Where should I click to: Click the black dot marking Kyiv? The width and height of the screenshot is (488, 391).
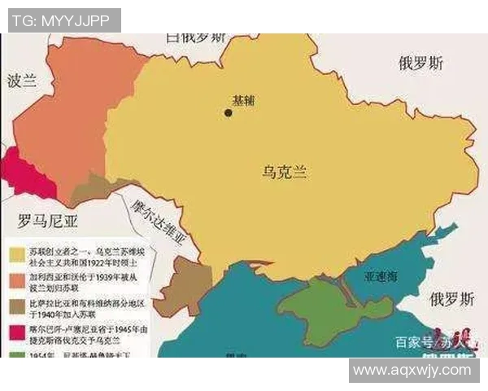click(229, 112)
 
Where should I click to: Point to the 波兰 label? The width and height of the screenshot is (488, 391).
click(23, 83)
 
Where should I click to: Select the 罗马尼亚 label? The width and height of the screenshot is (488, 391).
click(49, 219)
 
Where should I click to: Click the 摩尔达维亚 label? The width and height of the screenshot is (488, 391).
click(159, 221)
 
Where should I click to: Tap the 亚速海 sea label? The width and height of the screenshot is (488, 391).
click(381, 277)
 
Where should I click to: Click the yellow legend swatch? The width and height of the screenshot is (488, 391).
click(15, 253)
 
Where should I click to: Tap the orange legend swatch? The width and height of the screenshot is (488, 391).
click(15, 280)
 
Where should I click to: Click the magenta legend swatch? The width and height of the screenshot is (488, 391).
click(15, 334)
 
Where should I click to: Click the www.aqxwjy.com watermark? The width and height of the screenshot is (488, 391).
click(412, 370)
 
